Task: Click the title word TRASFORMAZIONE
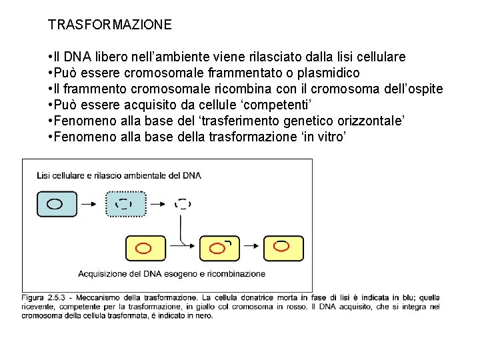(109, 25)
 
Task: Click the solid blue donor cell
(55, 203)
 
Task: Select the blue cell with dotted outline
(123, 203)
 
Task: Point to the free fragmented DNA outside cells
(182, 204)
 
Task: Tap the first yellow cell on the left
(145, 248)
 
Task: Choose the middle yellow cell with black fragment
(219, 248)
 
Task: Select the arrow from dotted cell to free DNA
(157, 203)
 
